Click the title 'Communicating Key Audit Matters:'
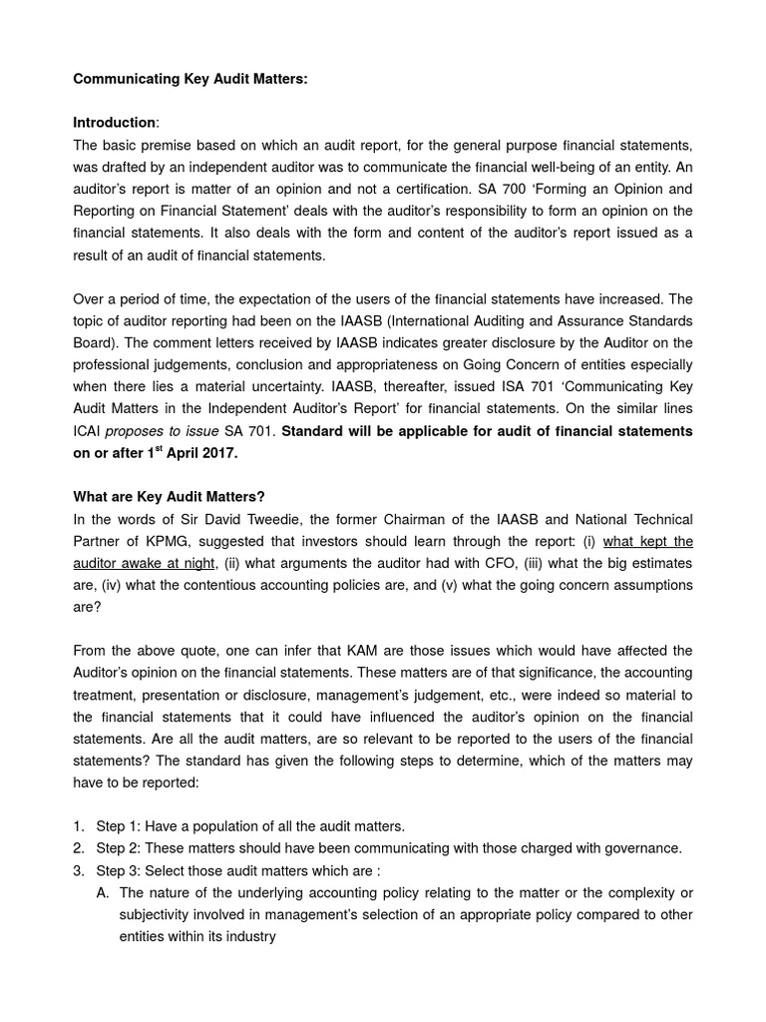click(191, 79)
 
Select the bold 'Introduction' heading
click(115, 123)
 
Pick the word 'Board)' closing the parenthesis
click(96, 342)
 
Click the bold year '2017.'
click(218, 452)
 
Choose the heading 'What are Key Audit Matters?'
click(170, 496)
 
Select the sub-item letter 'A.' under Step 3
click(103, 892)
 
